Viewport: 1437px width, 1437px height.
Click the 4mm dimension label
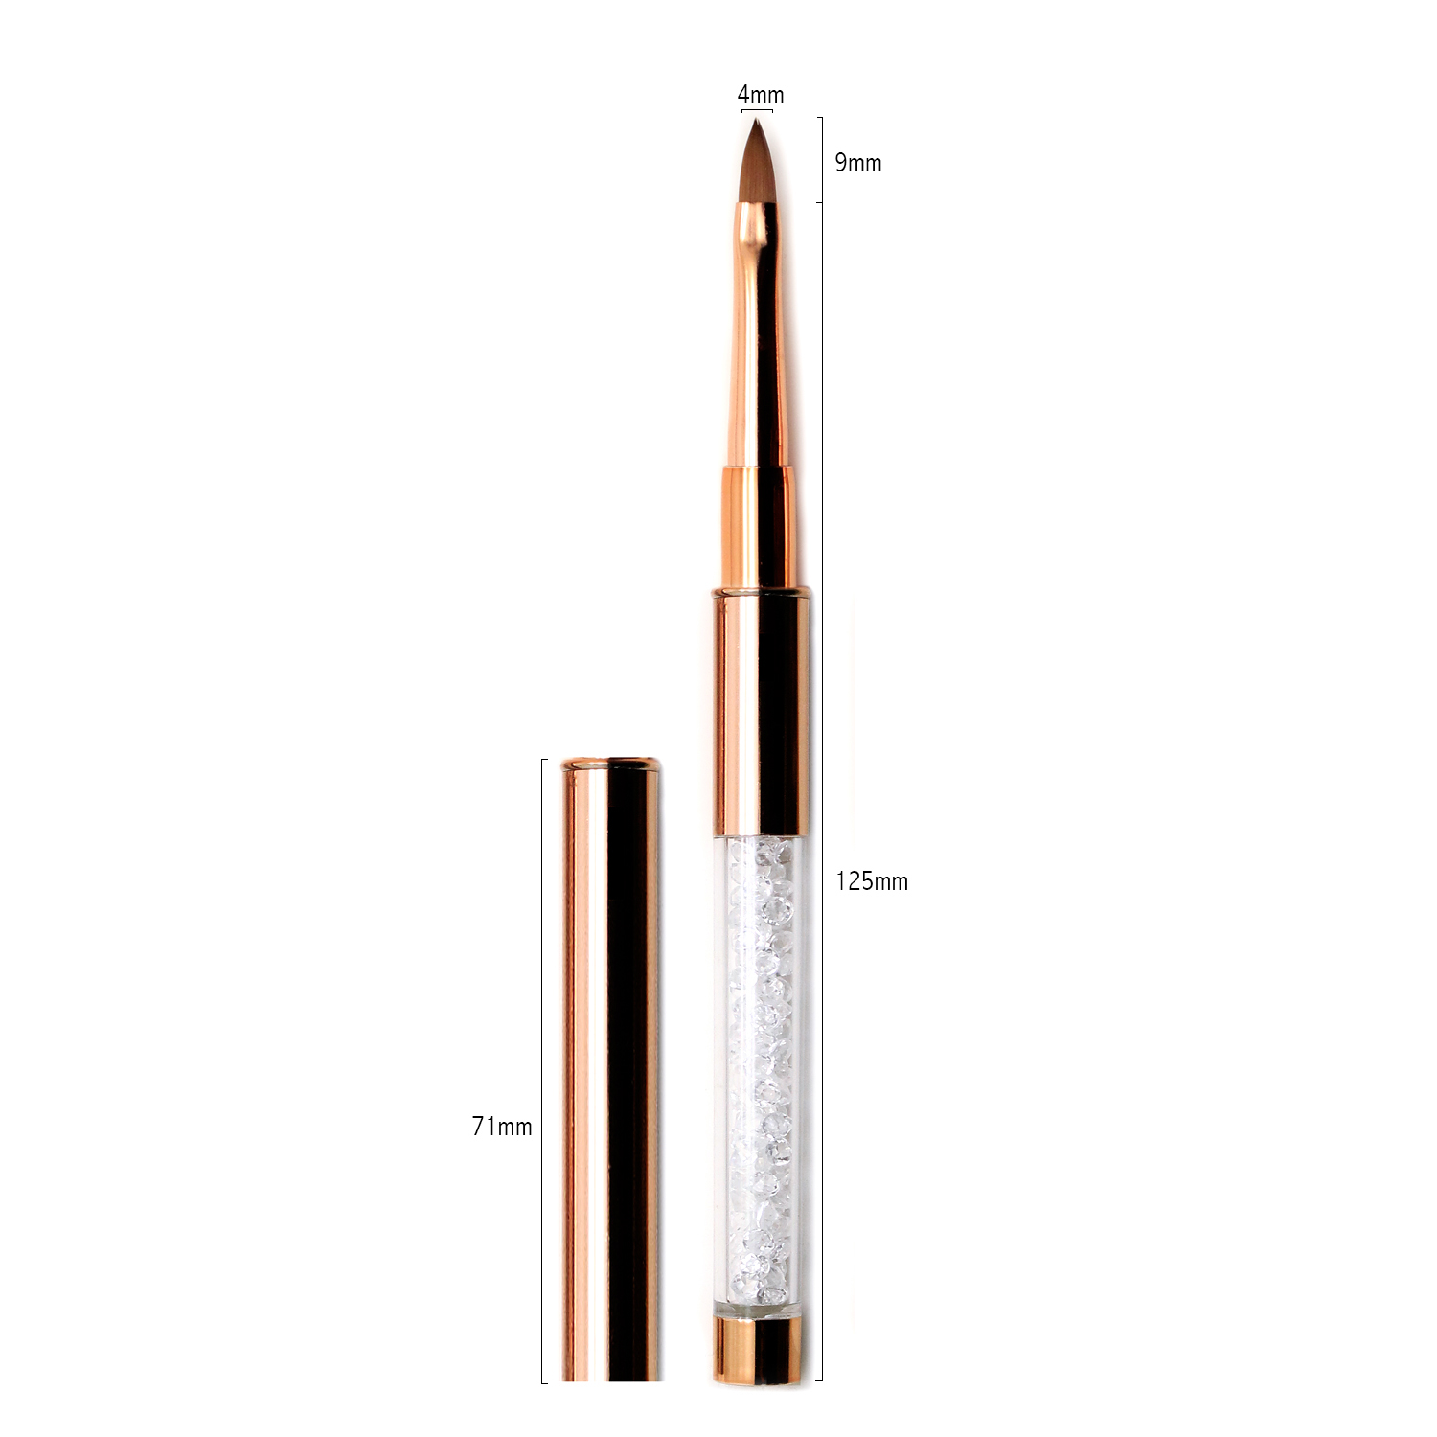(x=761, y=95)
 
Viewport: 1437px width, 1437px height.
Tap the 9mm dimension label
(x=857, y=163)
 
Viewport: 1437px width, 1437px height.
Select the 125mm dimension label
(x=872, y=881)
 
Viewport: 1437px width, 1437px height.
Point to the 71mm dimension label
(x=502, y=1127)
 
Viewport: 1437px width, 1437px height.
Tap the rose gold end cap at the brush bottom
(x=757, y=1349)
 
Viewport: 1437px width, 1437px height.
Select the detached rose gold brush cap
(x=610, y=1069)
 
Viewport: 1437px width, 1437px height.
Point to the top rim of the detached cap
(x=610, y=764)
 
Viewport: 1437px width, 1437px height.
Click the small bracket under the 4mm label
(x=757, y=112)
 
